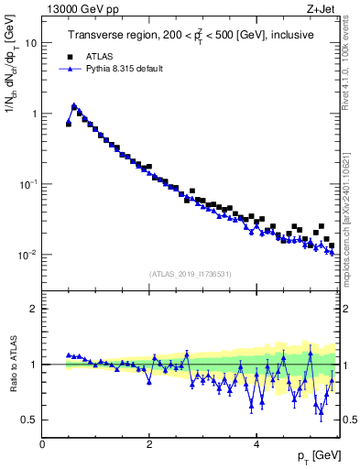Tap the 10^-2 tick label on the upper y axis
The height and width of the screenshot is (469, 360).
coord(27,255)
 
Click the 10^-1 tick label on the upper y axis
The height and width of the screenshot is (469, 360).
coord(27,184)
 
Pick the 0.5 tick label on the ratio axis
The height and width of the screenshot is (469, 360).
coord(27,420)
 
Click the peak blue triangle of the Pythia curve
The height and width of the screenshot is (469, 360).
coord(74,105)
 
